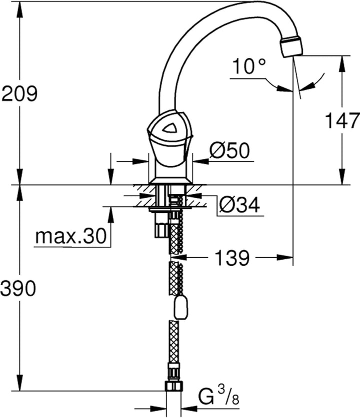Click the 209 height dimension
(x=19, y=93)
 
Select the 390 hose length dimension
(x=18, y=288)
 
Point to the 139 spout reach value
(x=232, y=258)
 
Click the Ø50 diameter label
(x=229, y=150)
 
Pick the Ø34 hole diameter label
(x=239, y=205)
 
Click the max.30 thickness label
(x=71, y=236)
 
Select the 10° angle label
(x=249, y=66)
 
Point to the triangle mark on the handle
(x=169, y=128)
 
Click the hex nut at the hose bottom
(x=174, y=386)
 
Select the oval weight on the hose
(x=181, y=307)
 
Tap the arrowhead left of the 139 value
(x=178, y=258)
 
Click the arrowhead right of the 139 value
(x=285, y=258)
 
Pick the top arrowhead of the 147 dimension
(x=342, y=63)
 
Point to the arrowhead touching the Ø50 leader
(x=200, y=161)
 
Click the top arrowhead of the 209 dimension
(x=19, y=9)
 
